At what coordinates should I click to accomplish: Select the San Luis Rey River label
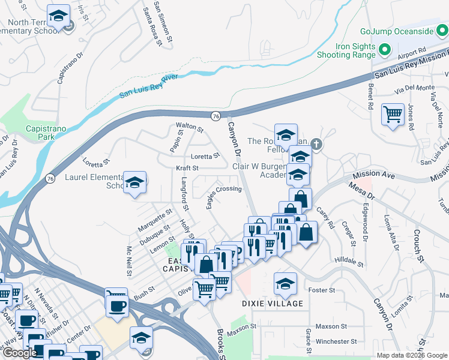tap(148, 85)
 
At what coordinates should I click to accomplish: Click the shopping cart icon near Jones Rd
tap(393, 113)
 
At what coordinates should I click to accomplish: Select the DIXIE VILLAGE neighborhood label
tap(273, 304)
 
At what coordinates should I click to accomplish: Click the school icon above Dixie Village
tap(285, 283)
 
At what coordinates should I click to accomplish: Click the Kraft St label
tap(187, 168)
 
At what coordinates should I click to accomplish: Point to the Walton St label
tap(190, 127)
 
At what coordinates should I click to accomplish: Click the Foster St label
tap(321, 290)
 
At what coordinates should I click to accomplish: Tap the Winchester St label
tap(336, 341)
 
